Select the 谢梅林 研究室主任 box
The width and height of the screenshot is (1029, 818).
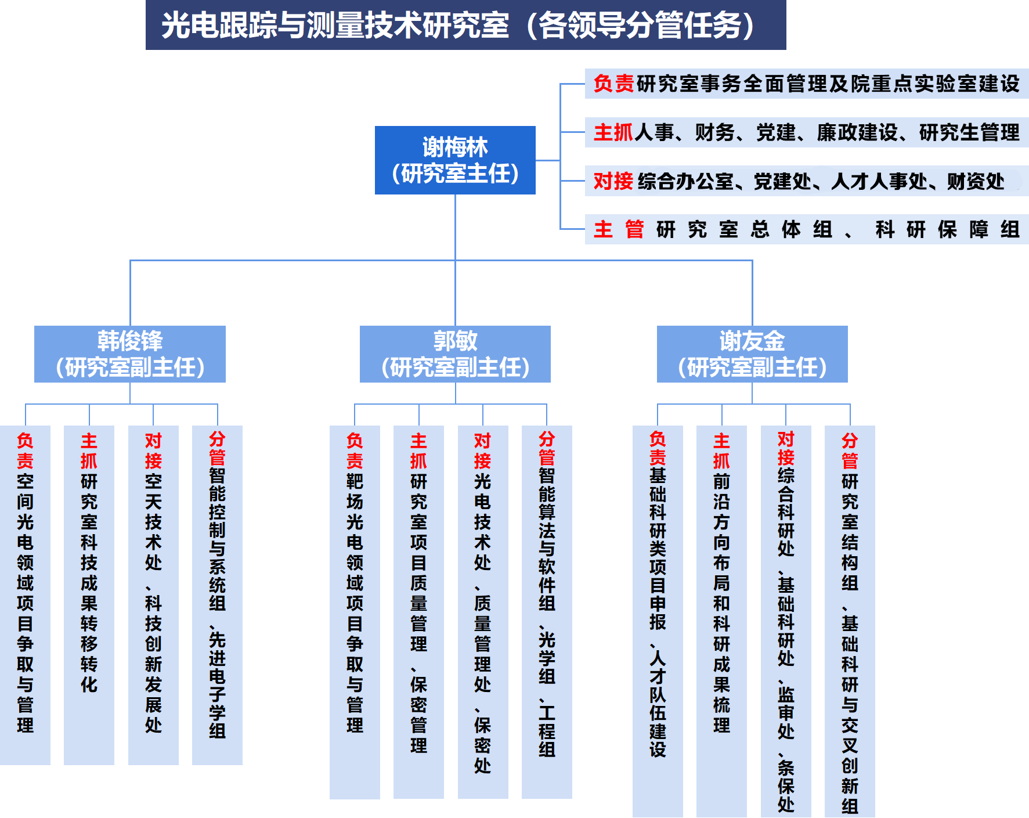point(455,160)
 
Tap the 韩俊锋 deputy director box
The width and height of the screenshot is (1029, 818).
point(130,354)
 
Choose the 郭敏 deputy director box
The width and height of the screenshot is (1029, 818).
point(455,354)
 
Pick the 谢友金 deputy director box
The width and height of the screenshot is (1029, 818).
point(752,354)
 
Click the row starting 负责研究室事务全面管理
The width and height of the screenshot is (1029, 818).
point(807,84)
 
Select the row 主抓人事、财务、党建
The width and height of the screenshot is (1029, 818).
point(807,133)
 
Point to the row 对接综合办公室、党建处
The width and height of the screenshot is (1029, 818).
point(807,182)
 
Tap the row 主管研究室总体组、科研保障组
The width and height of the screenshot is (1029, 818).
point(807,230)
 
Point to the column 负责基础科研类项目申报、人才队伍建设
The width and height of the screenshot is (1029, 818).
point(658,621)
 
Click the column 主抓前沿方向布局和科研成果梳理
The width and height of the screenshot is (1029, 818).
point(721,621)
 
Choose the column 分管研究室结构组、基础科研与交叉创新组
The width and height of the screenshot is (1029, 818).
point(850,621)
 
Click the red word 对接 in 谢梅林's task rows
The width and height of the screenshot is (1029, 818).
point(613,182)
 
